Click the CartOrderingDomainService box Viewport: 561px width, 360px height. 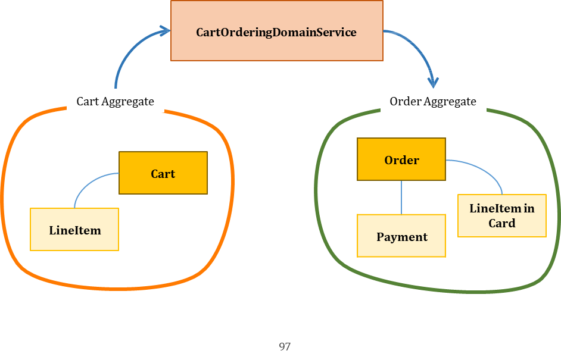276,31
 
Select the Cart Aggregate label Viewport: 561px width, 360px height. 115,101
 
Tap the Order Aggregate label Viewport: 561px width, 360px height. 433,101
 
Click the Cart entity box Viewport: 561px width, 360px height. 163,173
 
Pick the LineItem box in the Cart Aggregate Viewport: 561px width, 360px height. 74,230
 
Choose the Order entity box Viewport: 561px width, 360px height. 401,159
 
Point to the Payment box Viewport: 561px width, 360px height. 401,236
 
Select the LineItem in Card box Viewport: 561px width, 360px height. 501,215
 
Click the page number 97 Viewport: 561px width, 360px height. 284,346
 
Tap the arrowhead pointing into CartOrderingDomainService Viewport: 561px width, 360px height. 166,31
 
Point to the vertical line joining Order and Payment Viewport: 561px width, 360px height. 401,197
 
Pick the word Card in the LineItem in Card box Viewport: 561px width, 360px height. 501,223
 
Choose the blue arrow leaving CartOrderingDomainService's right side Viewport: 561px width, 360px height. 417,45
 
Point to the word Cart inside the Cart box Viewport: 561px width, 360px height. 163,174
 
